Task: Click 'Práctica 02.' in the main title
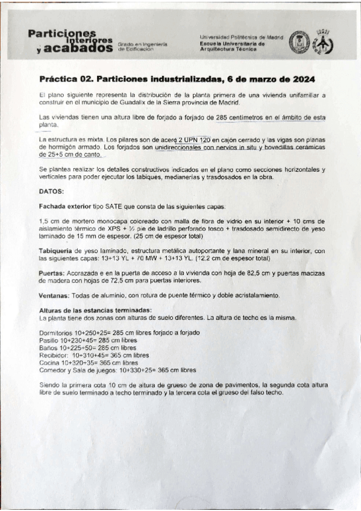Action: click(x=65, y=79)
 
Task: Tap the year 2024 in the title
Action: click(x=302, y=79)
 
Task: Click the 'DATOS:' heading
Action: click(x=51, y=191)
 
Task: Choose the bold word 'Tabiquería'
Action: click(x=58, y=251)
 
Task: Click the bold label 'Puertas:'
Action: click(x=52, y=272)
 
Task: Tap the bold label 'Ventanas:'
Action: click(x=54, y=295)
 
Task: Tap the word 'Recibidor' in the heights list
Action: click(x=53, y=356)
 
